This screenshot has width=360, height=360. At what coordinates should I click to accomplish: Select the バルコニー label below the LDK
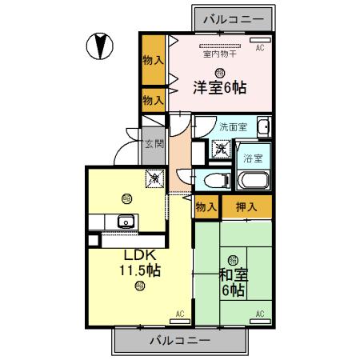180,340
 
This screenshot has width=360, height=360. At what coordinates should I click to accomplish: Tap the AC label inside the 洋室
259,49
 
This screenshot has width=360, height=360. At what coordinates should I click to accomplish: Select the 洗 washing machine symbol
218,147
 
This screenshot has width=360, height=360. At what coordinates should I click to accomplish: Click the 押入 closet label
246,207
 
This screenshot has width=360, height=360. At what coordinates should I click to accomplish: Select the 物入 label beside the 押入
206,207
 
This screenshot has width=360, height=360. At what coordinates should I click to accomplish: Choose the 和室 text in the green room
233,275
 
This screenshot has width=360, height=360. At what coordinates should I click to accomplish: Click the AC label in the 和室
259,313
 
